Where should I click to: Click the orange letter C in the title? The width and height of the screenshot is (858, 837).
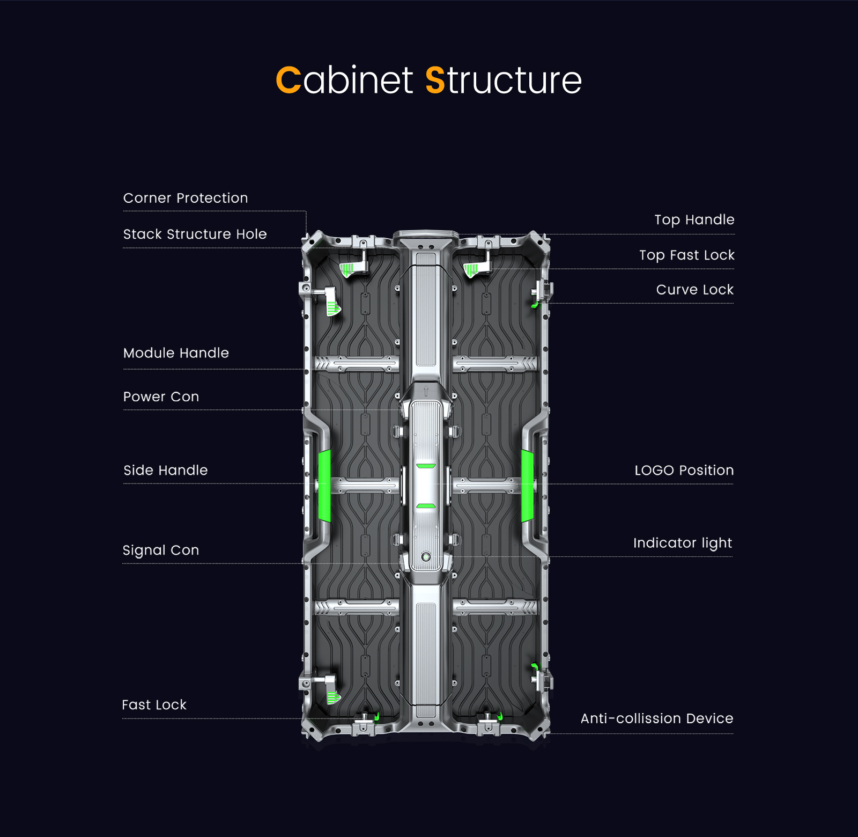(x=289, y=80)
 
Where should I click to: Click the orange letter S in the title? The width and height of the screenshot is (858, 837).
(x=435, y=80)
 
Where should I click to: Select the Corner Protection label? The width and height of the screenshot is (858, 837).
(x=186, y=198)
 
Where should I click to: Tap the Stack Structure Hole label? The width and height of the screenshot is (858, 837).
(x=195, y=234)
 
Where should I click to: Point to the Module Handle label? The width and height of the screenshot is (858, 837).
(x=176, y=353)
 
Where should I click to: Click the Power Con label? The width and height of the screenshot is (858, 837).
(x=161, y=397)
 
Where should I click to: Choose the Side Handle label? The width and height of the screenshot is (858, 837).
(x=165, y=470)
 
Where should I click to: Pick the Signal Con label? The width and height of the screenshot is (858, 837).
(x=160, y=550)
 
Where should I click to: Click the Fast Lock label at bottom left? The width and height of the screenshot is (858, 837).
(x=154, y=704)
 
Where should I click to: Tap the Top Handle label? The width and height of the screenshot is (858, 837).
(x=694, y=219)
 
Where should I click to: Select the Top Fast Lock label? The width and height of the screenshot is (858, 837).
(x=686, y=255)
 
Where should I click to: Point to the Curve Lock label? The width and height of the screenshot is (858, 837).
(x=694, y=290)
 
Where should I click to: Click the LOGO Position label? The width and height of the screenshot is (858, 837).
(x=684, y=470)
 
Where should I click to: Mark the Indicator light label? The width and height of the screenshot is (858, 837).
(x=682, y=543)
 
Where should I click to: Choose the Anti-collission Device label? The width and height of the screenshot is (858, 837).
(x=656, y=718)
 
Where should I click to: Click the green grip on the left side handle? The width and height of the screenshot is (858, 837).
(x=324, y=486)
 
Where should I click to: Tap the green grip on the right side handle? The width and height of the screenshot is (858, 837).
(x=528, y=486)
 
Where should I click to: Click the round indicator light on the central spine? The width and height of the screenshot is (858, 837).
(x=426, y=556)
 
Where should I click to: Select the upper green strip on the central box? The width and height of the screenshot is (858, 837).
(x=426, y=466)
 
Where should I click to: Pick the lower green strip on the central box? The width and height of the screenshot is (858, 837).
(x=426, y=505)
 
